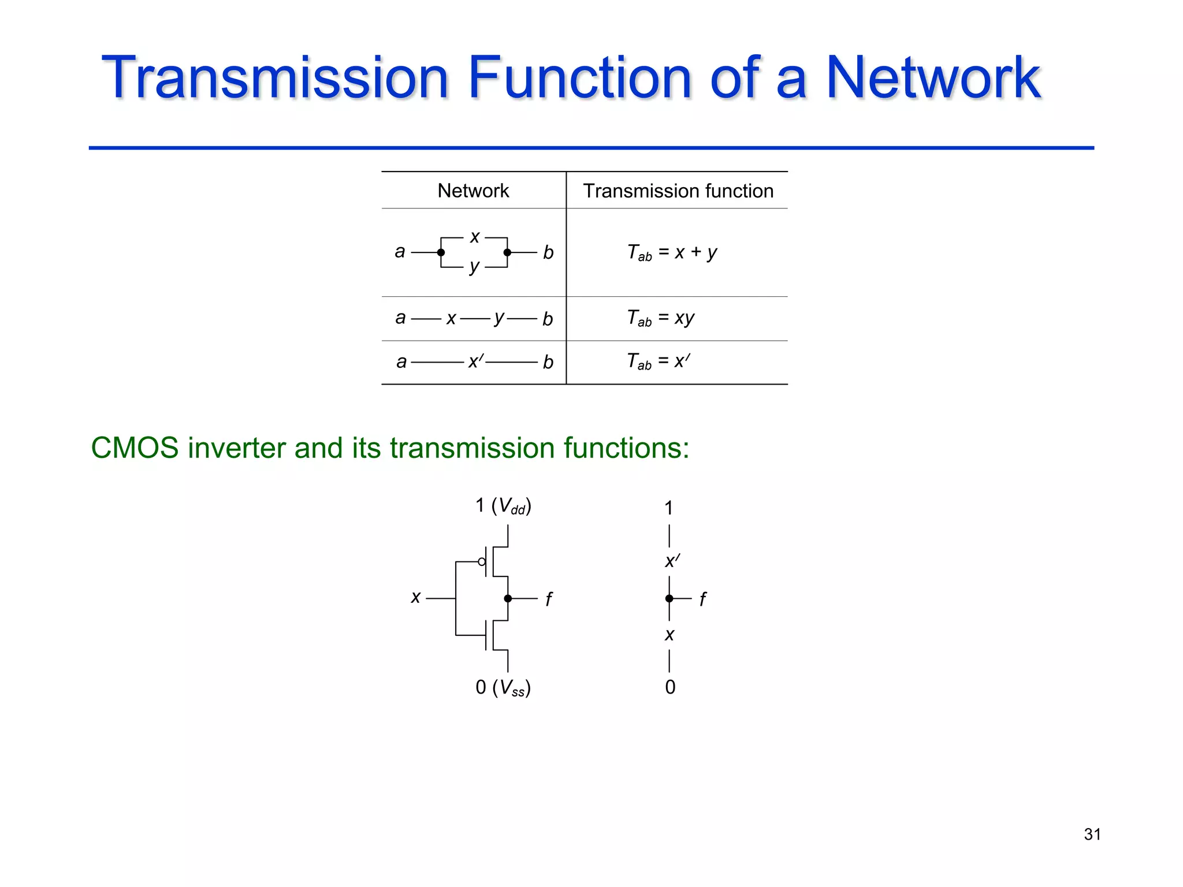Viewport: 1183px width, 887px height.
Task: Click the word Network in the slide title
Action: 933,78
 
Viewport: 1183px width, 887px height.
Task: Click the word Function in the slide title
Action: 579,78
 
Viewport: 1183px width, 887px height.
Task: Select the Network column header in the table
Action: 473,191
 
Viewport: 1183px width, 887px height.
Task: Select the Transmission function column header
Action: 678,191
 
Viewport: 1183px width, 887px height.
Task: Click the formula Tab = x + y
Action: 672,253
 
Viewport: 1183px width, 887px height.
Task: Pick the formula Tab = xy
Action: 661,318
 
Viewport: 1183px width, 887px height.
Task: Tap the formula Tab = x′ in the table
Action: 659,361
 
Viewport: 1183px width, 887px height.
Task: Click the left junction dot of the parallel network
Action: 441,252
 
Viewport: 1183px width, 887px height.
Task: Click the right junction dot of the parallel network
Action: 507,252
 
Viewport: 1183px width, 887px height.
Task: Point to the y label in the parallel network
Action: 474,267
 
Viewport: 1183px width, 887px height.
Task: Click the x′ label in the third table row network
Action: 476,361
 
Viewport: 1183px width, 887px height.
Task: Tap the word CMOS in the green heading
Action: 135,448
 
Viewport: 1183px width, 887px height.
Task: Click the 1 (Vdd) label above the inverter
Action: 503,506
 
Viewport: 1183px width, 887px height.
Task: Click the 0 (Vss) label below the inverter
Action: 503,687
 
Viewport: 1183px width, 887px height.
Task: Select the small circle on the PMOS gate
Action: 482,561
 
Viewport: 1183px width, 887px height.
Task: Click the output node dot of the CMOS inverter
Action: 508,598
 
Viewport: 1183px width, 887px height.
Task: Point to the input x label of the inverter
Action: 415,598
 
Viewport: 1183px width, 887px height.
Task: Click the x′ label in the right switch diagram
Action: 672,561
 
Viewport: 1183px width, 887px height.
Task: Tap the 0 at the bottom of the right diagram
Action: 670,687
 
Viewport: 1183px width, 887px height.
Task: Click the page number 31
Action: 1092,834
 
